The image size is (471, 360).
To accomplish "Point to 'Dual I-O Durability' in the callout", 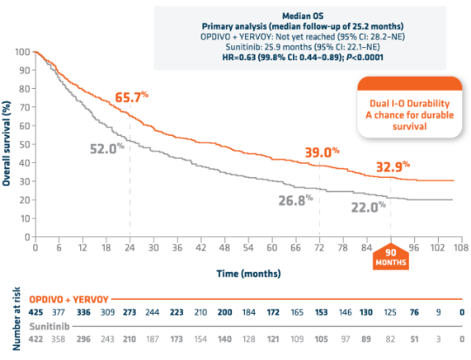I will pos(397,105).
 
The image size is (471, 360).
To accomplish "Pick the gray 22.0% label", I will pos(368,207).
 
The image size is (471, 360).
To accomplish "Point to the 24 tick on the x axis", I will pos(130,248).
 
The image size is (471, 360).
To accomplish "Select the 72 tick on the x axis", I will pos(319,248).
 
